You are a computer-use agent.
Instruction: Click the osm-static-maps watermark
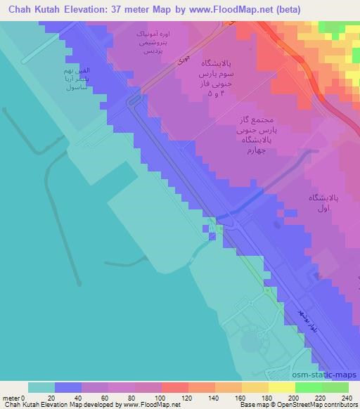[x=330, y=375]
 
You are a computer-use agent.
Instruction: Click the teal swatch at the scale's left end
[x=41, y=387]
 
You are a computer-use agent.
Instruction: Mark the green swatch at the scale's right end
[x=335, y=387]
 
